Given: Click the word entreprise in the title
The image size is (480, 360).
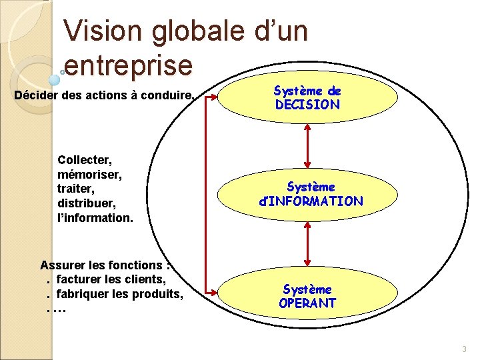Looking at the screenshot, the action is click(128, 65).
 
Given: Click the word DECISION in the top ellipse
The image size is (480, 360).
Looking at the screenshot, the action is click(307, 105).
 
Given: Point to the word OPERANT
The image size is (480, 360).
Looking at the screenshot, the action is click(307, 303).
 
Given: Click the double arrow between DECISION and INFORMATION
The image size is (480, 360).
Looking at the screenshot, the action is click(307, 144).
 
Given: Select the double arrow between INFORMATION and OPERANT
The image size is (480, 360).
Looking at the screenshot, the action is click(307, 245).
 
